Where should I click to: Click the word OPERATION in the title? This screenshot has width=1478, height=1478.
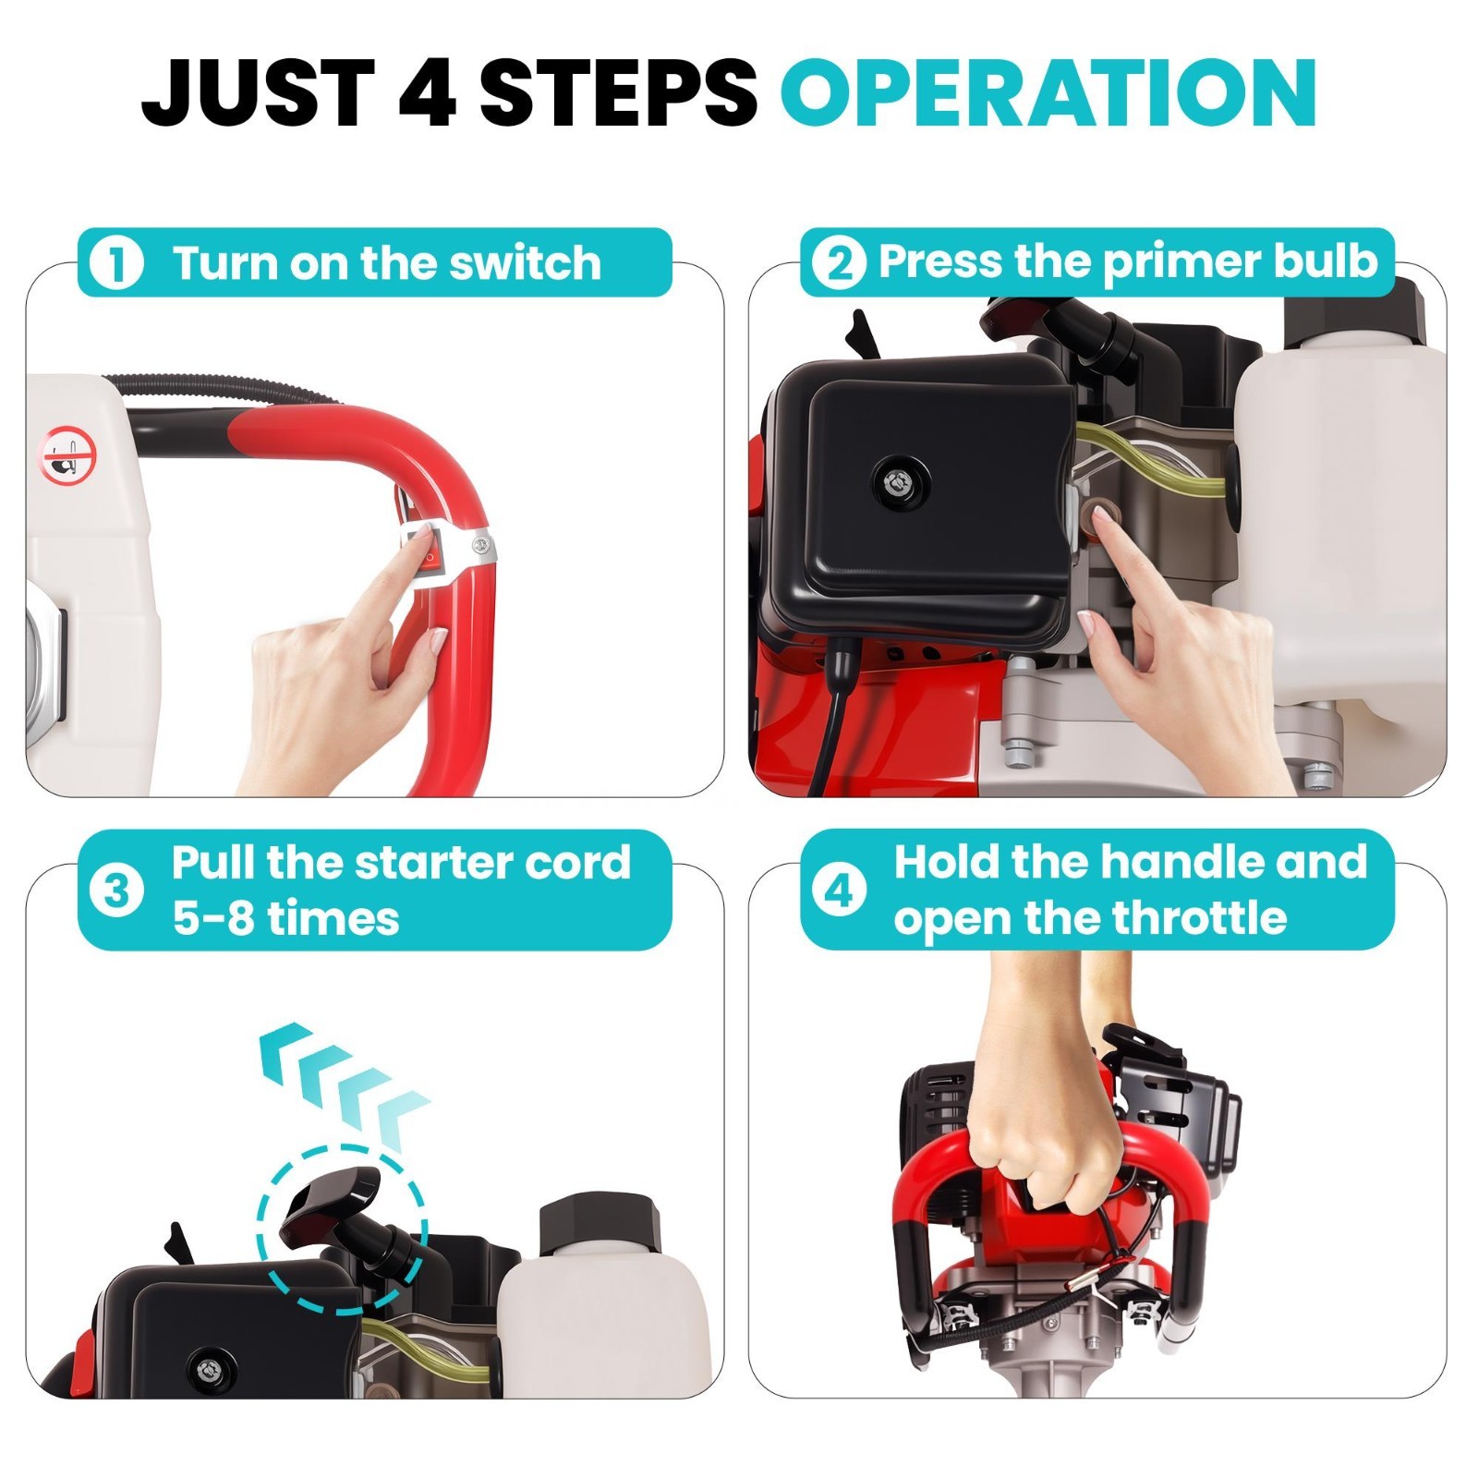click(x=1048, y=91)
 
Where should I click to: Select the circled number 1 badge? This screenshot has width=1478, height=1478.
click(x=116, y=263)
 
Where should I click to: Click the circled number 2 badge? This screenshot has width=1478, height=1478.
click(x=839, y=263)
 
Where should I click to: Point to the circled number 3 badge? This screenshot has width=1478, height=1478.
click(x=116, y=892)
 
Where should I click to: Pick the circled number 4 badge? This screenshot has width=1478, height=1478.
click(x=839, y=892)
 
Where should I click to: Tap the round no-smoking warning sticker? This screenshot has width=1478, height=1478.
click(x=67, y=454)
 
